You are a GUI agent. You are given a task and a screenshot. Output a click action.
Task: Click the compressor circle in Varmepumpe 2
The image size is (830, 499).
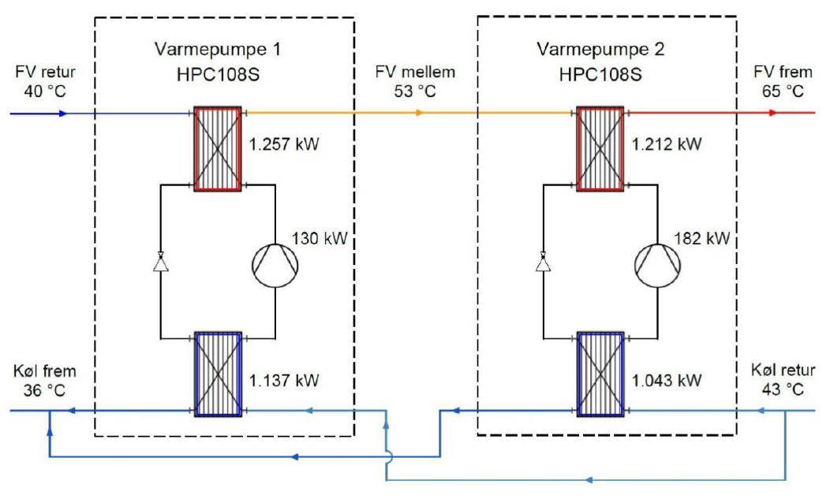(x=657, y=261)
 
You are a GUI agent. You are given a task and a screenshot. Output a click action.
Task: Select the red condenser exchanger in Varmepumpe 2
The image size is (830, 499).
(x=601, y=147)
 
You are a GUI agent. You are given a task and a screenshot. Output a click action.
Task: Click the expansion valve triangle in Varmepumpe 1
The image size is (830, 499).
(x=161, y=261)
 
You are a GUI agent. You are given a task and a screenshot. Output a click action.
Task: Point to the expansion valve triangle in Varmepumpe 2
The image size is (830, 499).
(x=544, y=261)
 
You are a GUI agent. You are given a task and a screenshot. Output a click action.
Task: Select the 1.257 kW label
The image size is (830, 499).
(x=285, y=145)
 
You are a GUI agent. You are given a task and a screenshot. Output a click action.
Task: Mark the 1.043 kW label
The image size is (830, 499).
(x=667, y=381)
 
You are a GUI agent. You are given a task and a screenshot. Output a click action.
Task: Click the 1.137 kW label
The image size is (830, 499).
(x=285, y=381)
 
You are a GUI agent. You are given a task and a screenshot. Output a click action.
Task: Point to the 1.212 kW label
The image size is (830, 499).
(x=667, y=145)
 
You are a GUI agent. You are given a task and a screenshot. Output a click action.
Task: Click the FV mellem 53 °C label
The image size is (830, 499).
(x=415, y=82)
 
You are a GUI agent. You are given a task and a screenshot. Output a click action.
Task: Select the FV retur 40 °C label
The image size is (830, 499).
(x=45, y=81)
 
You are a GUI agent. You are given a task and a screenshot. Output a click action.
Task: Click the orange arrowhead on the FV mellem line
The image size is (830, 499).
(x=419, y=113)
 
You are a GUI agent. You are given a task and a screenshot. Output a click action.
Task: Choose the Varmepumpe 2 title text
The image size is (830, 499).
(x=601, y=50)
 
